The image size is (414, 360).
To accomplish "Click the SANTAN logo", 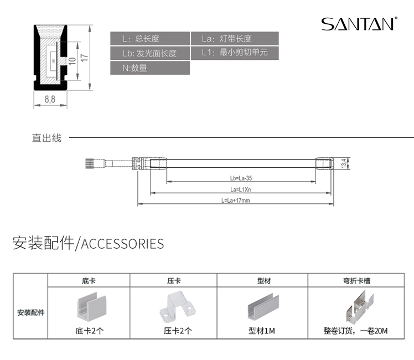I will coord(359,24).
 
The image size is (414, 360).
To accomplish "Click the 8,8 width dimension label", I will coord(49,99).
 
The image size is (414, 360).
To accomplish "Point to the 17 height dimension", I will coord(84,58).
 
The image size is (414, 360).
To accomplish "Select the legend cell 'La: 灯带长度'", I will coord(235,39).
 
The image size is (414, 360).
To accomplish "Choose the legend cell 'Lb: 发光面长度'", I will coord(150,53).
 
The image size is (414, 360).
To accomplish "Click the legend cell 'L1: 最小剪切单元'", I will coord(235,53).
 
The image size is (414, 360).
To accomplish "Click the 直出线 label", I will coord(46,138).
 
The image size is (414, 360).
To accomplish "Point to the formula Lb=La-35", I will coord(241,178).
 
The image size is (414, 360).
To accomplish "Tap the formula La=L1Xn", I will coord(241,189).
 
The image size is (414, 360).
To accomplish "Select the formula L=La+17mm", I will coord(236,200).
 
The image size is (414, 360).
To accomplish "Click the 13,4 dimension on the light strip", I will coord(344,164).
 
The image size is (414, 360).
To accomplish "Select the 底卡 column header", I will coord(89,281).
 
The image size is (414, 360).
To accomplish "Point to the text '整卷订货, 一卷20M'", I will coord(356,331).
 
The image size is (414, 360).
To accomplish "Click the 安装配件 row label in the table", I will coord(31,312).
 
